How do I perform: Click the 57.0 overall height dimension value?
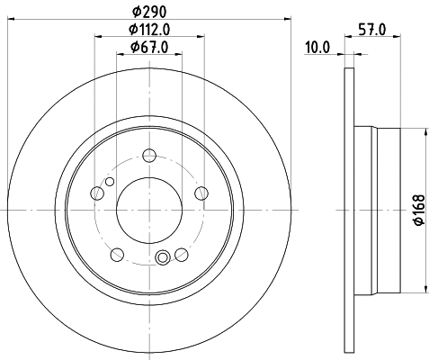[372, 30]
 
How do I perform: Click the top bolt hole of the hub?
[149, 157]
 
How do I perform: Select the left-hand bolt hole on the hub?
[98, 192]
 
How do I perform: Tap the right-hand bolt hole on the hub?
[201, 192]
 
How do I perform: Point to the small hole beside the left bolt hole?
[110, 183]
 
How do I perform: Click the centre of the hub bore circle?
[149, 209]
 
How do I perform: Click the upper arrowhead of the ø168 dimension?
[418, 131]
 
